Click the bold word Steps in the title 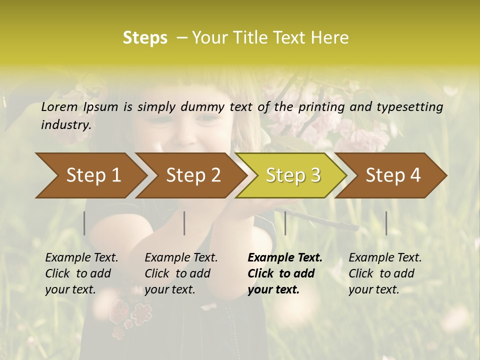[x=145, y=38]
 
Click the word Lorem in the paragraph [x=59, y=106]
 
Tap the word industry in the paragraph [x=65, y=124]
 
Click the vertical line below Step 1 [x=84, y=223]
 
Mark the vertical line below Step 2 [x=184, y=223]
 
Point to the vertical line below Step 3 [x=285, y=223]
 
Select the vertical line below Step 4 [x=386, y=223]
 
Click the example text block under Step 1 [x=81, y=273]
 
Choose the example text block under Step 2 [x=181, y=273]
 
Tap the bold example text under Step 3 [x=285, y=273]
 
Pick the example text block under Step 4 [x=385, y=273]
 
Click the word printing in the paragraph [x=320, y=106]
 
